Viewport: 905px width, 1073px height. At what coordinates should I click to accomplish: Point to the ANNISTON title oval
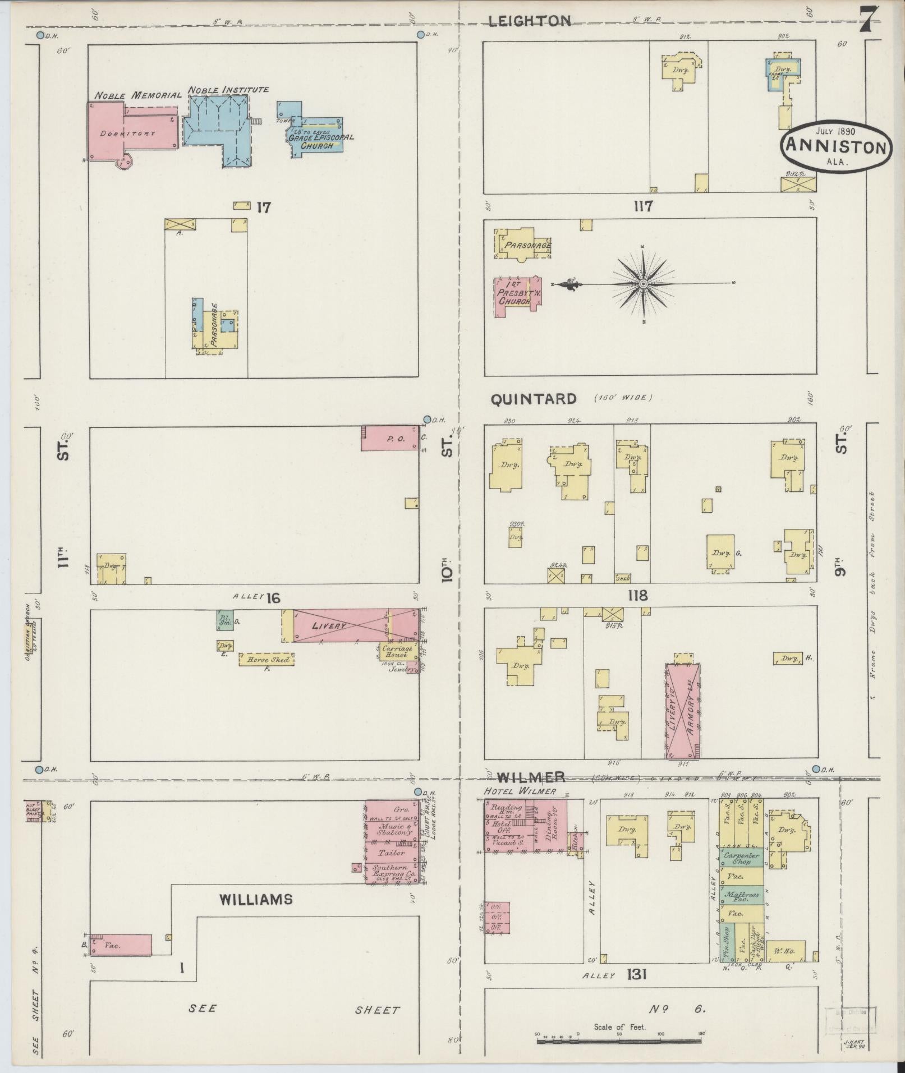(x=835, y=147)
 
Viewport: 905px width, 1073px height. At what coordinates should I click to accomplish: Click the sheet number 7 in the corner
(x=867, y=21)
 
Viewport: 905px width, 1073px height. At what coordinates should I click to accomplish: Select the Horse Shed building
(x=267, y=659)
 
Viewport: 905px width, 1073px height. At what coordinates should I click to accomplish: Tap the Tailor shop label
(x=392, y=853)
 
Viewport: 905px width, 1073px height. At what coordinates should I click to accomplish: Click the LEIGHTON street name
(x=529, y=21)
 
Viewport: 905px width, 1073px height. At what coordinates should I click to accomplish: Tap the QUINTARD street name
(x=534, y=399)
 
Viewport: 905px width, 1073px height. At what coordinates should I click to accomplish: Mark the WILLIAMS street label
(x=256, y=899)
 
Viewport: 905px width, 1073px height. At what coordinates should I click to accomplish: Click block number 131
(x=637, y=974)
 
